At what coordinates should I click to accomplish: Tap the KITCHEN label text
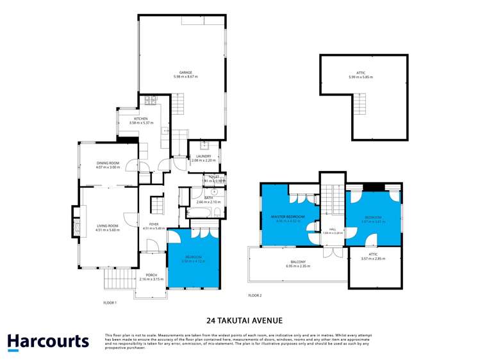click(140, 119)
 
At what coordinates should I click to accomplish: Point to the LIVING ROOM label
click(108, 225)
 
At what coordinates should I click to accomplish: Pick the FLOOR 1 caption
click(110, 302)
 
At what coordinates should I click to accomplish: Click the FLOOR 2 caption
click(255, 295)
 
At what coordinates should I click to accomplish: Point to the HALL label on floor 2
click(331, 229)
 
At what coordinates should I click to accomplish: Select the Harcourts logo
click(48, 341)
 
